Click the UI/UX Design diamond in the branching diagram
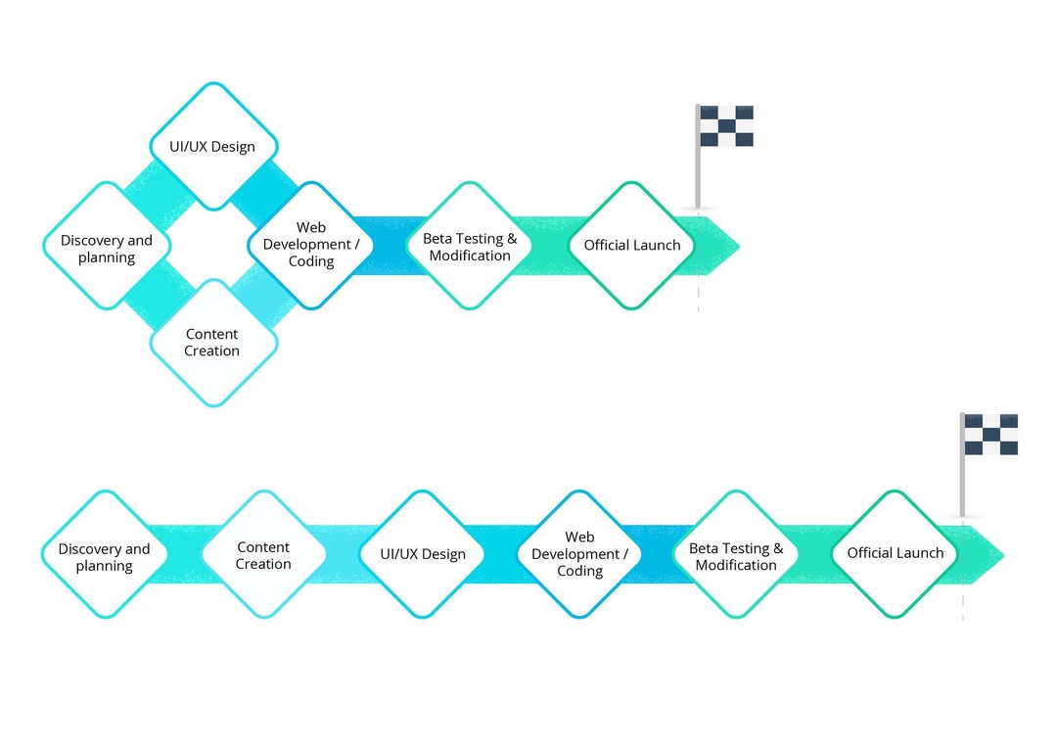point(213,147)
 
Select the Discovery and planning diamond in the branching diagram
point(107,247)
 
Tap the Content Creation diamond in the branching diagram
point(213,343)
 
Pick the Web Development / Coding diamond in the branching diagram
point(311,245)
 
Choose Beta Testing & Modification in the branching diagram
point(470,247)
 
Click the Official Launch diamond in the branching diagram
point(631,246)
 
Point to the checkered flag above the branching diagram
point(725,126)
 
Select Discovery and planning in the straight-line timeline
point(105,555)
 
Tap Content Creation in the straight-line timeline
point(263,555)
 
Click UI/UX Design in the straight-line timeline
point(423,554)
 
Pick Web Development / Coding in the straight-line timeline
point(579,554)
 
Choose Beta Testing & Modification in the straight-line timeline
point(736,555)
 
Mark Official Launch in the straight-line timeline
point(895,553)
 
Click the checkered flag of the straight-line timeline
point(990,435)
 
